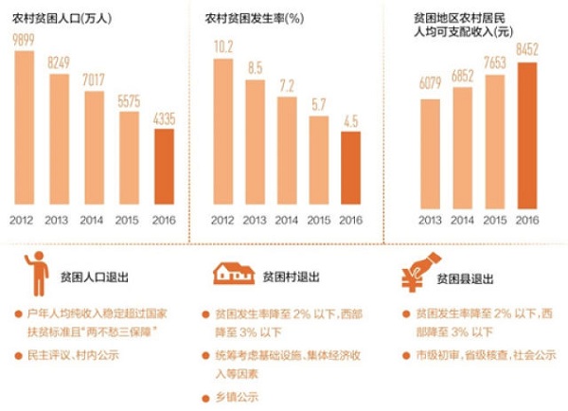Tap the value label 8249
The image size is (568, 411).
pyautogui.click(x=58, y=61)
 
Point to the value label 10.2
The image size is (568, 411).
pyautogui.click(x=223, y=45)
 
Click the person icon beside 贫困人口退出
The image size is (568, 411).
pyautogui.click(x=35, y=273)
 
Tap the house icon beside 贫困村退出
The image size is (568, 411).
pyautogui.click(x=231, y=273)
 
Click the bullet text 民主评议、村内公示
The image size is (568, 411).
pyautogui.click(x=76, y=355)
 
